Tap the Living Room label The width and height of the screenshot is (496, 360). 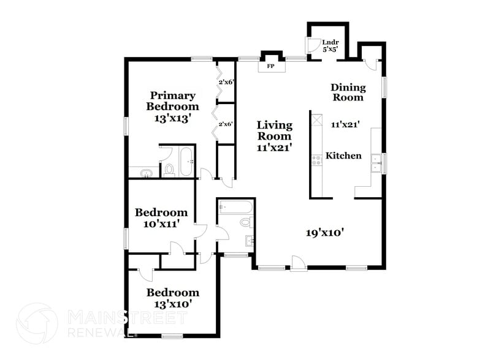pos(274,130)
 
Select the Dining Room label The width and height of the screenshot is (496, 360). pos(347,92)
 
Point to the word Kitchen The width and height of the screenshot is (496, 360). pos(343,156)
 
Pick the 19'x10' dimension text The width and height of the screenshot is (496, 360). pos(324,232)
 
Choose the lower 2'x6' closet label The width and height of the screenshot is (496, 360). pos(226,124)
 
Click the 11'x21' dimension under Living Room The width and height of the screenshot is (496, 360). pos(274,147)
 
